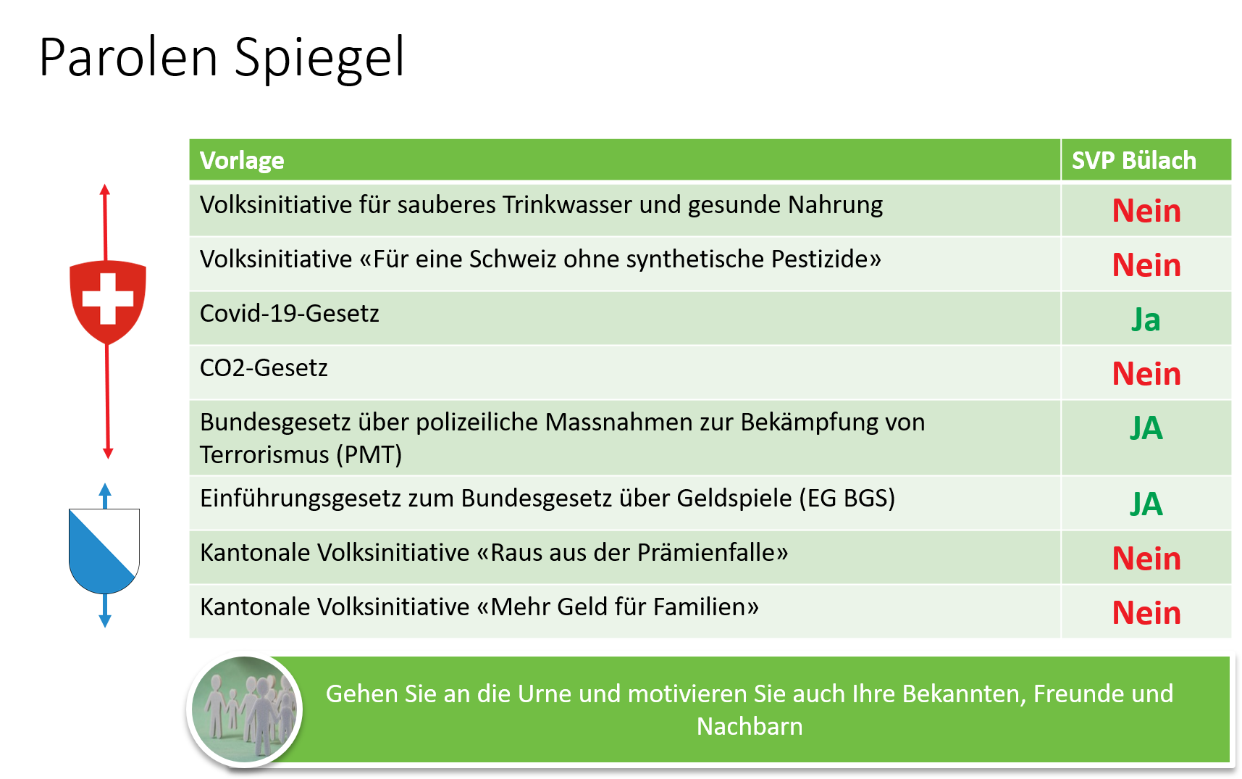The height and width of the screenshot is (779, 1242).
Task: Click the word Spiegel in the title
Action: click(x=319, y=58)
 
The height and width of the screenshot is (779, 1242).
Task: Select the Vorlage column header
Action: click(x=242, y=160)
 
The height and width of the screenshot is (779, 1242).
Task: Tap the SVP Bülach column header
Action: click(x=1133, y=160)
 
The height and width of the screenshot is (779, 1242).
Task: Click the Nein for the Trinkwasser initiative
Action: click(x=1146, y=211)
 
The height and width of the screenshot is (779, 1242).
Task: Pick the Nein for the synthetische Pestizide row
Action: click(x=1146, y=265)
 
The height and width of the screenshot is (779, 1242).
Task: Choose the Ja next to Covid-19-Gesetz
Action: click(x=1146, y=320)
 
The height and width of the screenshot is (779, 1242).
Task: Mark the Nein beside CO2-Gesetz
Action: click(x=1146, y=374)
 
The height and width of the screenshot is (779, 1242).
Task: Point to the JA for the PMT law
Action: click(x=1146, y=428)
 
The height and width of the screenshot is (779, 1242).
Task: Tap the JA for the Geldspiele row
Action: click(x=1146, y=504)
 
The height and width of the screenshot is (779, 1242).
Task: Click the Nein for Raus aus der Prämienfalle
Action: click(x=1146, y=559)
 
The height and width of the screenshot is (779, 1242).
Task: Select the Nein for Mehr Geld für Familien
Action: click(x=1146, y=613)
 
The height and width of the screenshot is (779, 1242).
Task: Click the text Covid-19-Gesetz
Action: click(x=290, y=314)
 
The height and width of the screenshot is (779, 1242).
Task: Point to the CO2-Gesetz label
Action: click(x=264, y=368)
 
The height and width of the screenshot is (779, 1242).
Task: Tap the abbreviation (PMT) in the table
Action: click(x=369, y=455)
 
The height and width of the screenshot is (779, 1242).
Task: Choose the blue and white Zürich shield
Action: click(x=104, y=551)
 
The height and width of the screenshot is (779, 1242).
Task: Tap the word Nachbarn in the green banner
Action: click(x=750, y=726)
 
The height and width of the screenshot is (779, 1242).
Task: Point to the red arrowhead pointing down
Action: click(x=108, y=454)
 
